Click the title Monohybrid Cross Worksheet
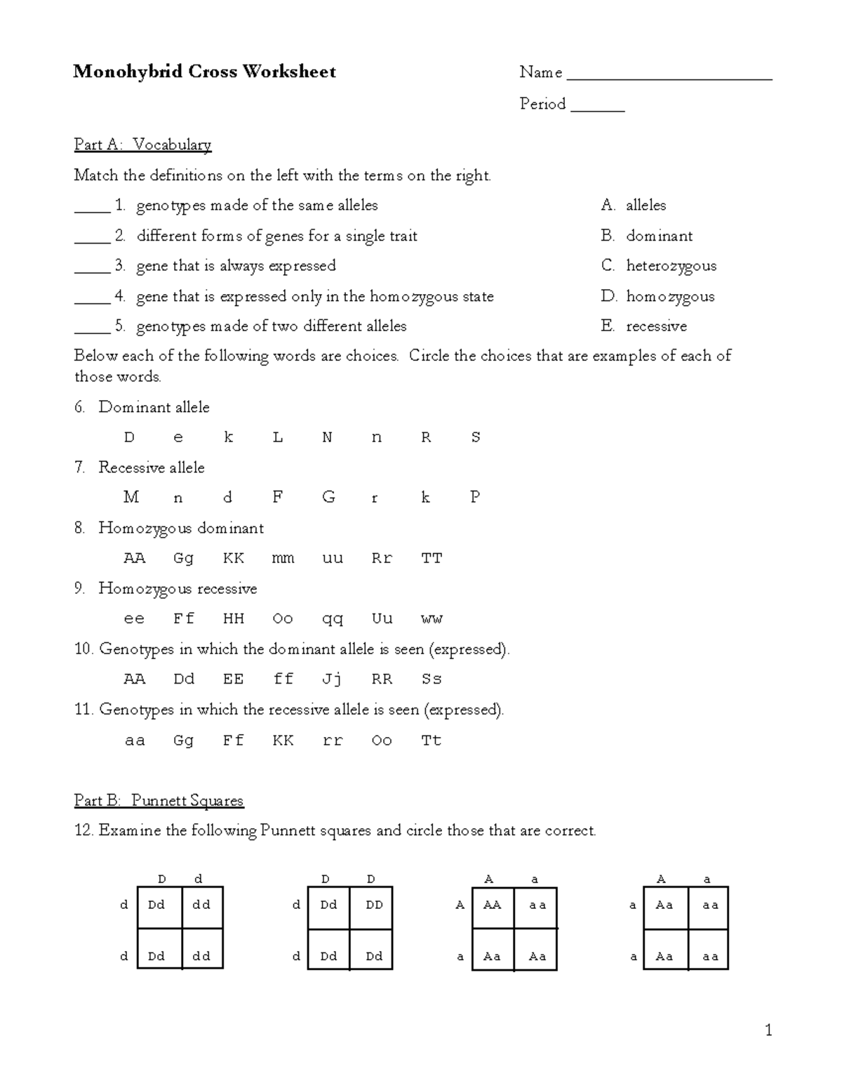(204, 72)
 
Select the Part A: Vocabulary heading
(142, 145)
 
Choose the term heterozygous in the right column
(671, 266)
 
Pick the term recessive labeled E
(656, 326)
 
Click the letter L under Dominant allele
(278, 437)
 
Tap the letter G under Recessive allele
(328, 498)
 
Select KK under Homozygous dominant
(234, 558)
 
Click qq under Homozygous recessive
(332, 618)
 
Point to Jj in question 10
(332, 679)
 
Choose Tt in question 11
(432, 740)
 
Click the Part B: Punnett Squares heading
(159, 801)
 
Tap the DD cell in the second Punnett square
(374, 905)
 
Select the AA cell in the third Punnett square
(493, 905)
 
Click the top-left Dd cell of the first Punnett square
(156, 905)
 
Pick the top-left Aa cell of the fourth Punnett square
(664, 905)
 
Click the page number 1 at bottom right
(768, 1030)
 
